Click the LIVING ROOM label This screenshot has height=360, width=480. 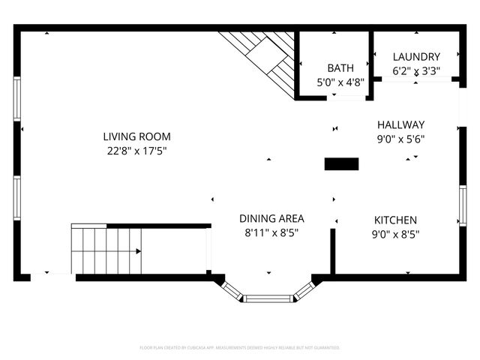coord(136,136)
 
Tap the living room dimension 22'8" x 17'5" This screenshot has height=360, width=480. coord(136,151)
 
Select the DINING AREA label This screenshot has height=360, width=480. coord(271,218)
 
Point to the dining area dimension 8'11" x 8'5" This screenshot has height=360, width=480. coord(271,232)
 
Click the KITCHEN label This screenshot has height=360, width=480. coord(395,220)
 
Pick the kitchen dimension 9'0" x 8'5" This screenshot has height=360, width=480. coord(395,234)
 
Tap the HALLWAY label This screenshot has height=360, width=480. coord(400,124)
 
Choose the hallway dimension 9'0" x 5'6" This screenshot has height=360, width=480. coord(400,138)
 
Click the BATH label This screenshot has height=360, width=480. coord(340,68)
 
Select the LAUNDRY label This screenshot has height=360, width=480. coord(416,56)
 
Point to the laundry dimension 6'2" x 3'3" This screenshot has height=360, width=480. coord(416,71)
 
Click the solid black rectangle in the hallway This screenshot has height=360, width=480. coord(341,163)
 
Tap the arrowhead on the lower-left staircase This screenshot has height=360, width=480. coord(138,251)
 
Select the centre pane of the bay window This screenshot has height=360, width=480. coord(268,298)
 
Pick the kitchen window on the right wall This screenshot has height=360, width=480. coord(462,205)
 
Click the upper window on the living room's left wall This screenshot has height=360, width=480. coord(16,98)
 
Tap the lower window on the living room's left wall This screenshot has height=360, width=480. coord(16,198)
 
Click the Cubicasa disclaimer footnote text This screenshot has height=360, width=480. coord(240,348)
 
